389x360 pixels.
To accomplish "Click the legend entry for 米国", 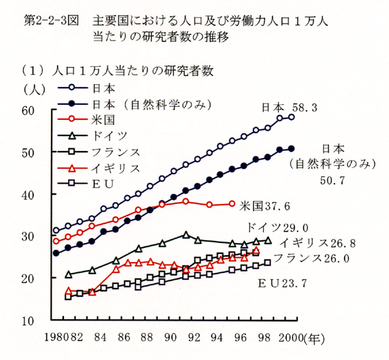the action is pos(86,119).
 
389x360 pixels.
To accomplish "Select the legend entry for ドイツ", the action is pos(92,135).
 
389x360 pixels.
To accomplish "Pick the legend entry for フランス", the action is pos(99,152).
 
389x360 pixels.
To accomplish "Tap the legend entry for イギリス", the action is pos(99,168).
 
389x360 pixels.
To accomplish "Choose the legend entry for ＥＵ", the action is pos(86,184).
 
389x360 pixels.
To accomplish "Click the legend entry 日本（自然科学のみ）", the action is pos(135,104).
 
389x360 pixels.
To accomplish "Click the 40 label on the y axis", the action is pos(28,195).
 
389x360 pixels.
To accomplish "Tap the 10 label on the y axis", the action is pos(28,321).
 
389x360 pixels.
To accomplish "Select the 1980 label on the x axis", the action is pos(56,338).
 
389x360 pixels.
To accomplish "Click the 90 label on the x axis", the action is pos(171,338).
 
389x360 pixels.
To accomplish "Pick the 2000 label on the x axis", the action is pos(290,338).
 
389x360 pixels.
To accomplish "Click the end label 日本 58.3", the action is pos(290,108).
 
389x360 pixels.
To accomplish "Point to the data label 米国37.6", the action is pos(265,206).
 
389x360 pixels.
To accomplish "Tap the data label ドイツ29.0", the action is pos(277,227).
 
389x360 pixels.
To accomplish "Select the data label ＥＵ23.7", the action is pos(282,283).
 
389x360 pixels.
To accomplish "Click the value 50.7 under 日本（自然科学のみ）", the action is pos(333,180).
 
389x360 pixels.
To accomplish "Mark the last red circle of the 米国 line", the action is pos(232,203).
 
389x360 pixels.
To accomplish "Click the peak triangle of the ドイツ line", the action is pos(186,234).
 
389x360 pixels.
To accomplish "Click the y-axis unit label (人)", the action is pos(34,89).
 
